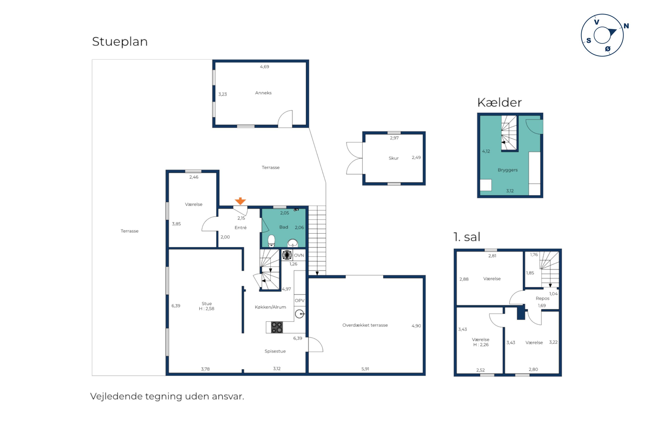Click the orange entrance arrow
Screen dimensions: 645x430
tap(240, 201)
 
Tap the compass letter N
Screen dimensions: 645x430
tap(626, 26)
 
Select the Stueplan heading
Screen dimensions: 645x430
tap(120, 42)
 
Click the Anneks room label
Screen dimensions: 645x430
tap(263, 93)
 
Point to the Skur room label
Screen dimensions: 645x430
tap(393, 158)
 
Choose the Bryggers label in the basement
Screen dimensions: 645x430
tap(507, 170)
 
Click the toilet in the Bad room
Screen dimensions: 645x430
tap(271, 241)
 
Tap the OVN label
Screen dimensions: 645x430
tap(299, 255)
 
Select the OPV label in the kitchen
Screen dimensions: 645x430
tap(299, 300)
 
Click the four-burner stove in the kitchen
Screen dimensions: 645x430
tap(277, 328)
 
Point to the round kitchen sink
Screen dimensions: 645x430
tap(299, 314)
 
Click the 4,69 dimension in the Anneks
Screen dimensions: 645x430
tap(264, 67)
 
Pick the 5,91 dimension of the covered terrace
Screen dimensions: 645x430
tap(365, 369)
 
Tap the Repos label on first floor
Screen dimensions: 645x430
tap(542, 298)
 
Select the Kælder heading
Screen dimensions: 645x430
tap(499, 102)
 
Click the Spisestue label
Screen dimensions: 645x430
tap(275, 351)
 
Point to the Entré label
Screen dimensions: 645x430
tap(240, 228)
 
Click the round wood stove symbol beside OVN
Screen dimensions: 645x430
tap(287, 255)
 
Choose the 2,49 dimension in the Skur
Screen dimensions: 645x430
tap(416, 157)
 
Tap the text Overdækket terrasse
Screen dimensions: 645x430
tap(365, 325)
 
